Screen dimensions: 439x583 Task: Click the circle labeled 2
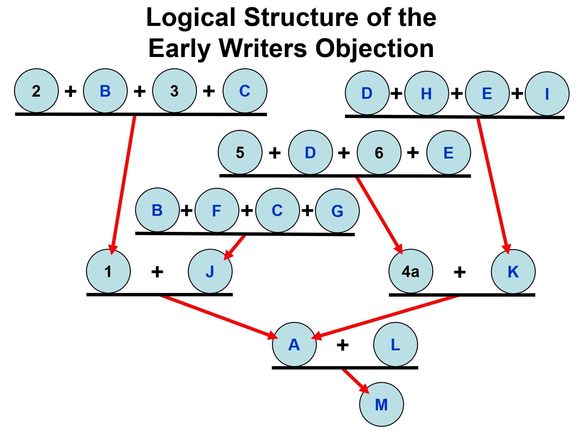36,91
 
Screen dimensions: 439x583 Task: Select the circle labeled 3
174,91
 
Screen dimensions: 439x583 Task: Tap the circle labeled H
427,93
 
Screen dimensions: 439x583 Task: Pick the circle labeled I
547,94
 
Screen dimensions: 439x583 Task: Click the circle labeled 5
240,152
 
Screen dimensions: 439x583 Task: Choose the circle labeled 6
379,153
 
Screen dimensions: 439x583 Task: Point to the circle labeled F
217,210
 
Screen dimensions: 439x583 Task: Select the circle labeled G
337,211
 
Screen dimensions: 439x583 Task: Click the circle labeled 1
108,271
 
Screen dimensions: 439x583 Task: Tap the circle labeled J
210,271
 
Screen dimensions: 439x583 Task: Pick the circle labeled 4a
411,271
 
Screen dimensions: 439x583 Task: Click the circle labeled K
513,271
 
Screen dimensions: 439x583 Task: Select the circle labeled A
294,344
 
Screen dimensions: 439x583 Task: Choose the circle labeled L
395,344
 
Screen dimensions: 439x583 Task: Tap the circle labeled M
381,405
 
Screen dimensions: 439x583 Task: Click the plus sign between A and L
342,345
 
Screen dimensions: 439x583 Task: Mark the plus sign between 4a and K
460,272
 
